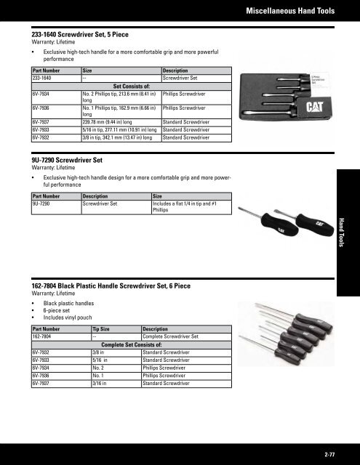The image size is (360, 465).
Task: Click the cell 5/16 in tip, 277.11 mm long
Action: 121,129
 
